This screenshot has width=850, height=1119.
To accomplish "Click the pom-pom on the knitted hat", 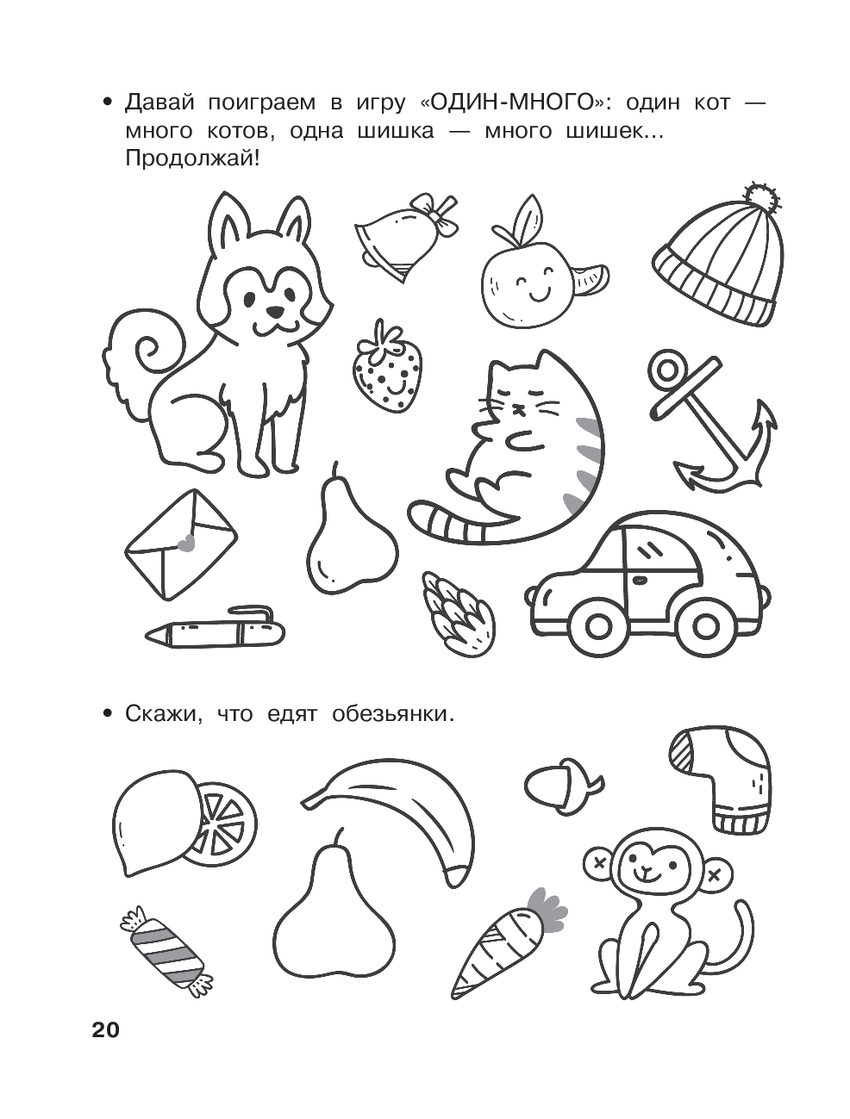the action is (x=763, y=199).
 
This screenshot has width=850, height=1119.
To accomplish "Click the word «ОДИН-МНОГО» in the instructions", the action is (x=513, y=103).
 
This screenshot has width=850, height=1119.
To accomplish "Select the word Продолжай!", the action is (x=192, y=160).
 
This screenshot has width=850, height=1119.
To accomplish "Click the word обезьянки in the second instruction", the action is (x=392, y=714).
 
